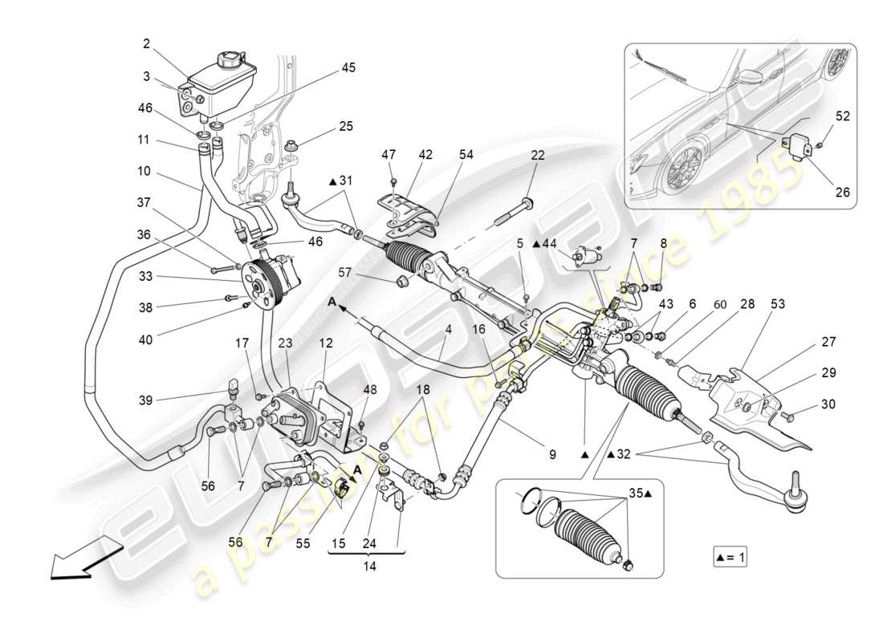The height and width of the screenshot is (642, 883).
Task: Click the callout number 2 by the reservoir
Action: tap(148, 45)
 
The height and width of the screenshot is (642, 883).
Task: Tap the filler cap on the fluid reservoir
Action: tap(229, 59)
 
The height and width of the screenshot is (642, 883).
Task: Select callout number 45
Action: tap(348, 68)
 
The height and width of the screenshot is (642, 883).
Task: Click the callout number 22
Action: tap(537, 156)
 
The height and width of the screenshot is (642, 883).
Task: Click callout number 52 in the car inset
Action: tap(842, 116)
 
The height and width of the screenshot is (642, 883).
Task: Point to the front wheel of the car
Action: tap(682, 168)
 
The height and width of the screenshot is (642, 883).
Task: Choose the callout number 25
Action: tap(345, 127)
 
